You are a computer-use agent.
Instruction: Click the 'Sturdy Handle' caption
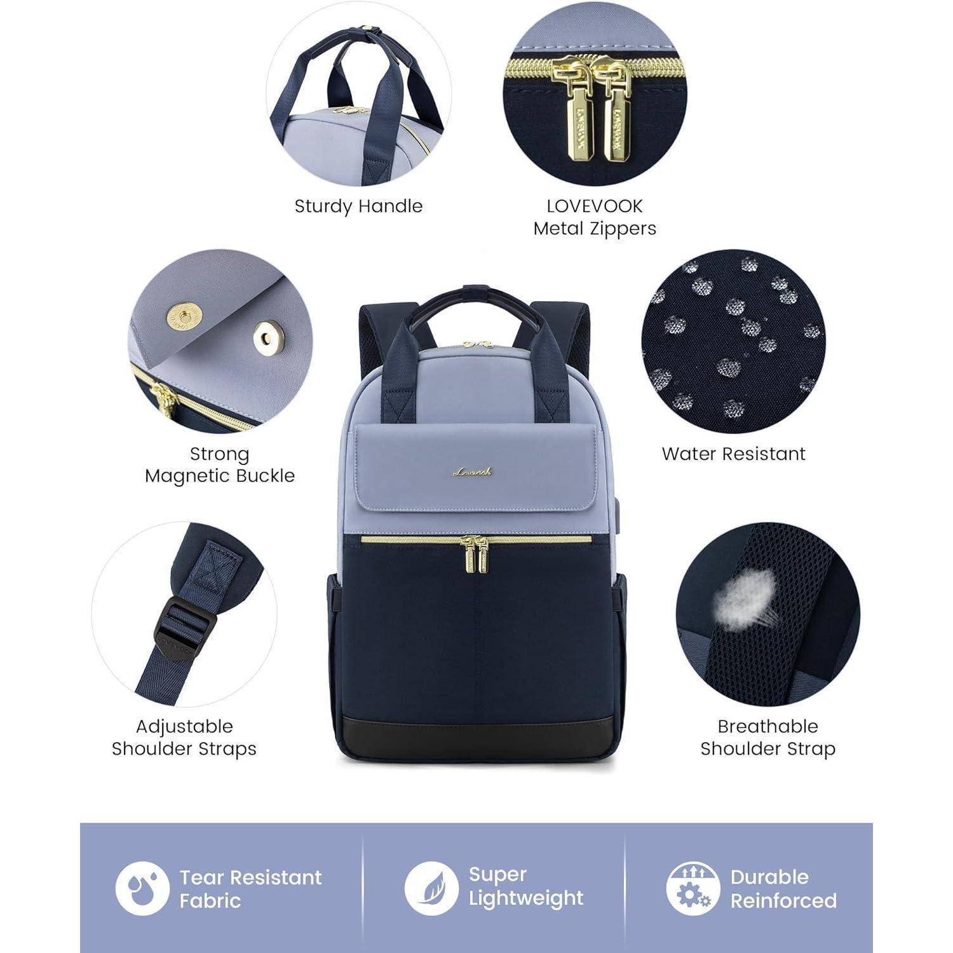[358, 206]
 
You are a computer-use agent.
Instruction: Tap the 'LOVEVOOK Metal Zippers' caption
[595, 217]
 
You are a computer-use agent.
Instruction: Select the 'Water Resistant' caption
[733, 454]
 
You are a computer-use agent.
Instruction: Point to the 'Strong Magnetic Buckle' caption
[220, 464]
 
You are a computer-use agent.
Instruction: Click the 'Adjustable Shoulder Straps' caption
[184, 737]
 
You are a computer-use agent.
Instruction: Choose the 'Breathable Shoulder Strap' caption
[767, 737]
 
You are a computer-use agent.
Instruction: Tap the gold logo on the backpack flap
[473, 471]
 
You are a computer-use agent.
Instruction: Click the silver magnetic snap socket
[268, 337]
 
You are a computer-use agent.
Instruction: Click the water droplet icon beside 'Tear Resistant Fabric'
[142, 888]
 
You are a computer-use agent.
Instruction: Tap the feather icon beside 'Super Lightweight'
[431, 888]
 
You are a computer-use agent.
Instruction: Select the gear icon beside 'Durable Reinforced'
[693, 888]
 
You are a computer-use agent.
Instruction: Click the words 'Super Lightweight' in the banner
[525, 886]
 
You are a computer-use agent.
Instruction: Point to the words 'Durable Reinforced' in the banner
[783, 888]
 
